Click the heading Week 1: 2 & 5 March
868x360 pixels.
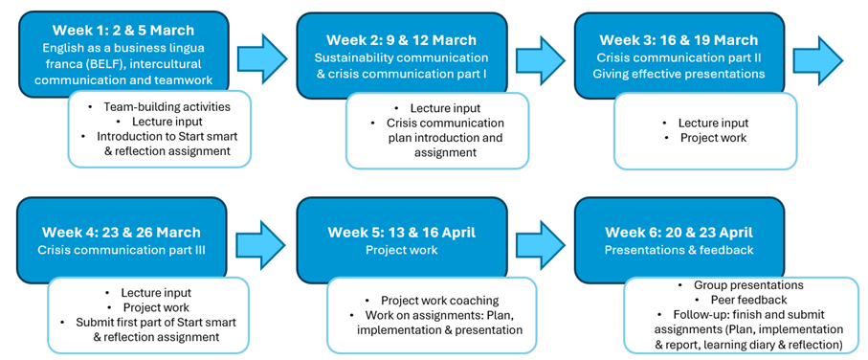click(123, 29)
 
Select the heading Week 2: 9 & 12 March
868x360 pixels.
click(401, 40)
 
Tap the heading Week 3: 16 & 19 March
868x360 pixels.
click(679, 40)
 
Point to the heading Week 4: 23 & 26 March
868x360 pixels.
click(122, 232)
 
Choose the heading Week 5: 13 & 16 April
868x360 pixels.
click(401, 232)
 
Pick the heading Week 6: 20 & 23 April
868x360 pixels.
click(679, 232)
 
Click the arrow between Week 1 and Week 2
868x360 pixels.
click(262, 58)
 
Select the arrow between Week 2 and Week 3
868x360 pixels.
click(541, 58)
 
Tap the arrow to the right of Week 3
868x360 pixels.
click(818, 58)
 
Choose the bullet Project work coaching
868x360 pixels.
click(433, 301)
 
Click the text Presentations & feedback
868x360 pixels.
click(679, 250)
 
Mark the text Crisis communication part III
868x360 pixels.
click(122, 250)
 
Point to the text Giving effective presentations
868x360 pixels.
click(679, 74)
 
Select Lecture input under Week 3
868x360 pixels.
click(706, 123)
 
